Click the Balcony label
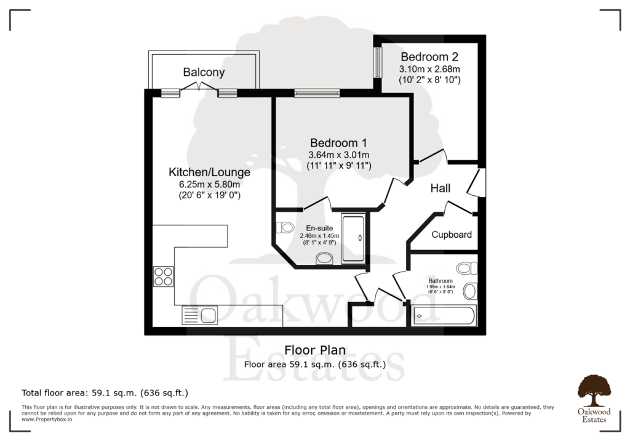(x=204, y=72)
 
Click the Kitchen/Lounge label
(x=210, y=172)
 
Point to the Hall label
(x=440, y=188)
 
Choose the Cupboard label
(x=452, y=235)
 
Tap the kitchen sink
(x=199, y=316)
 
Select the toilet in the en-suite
(x=285, y=228)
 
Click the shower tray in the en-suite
(x=353, y=239)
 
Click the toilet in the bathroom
(x=467, y=269)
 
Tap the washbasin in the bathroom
(x=471, y=291)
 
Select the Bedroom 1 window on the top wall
(x=317, y=94)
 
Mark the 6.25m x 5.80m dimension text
(x=205, y=184)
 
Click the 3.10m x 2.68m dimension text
(x=429, y=69)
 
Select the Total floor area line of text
(x=105, y=392)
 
